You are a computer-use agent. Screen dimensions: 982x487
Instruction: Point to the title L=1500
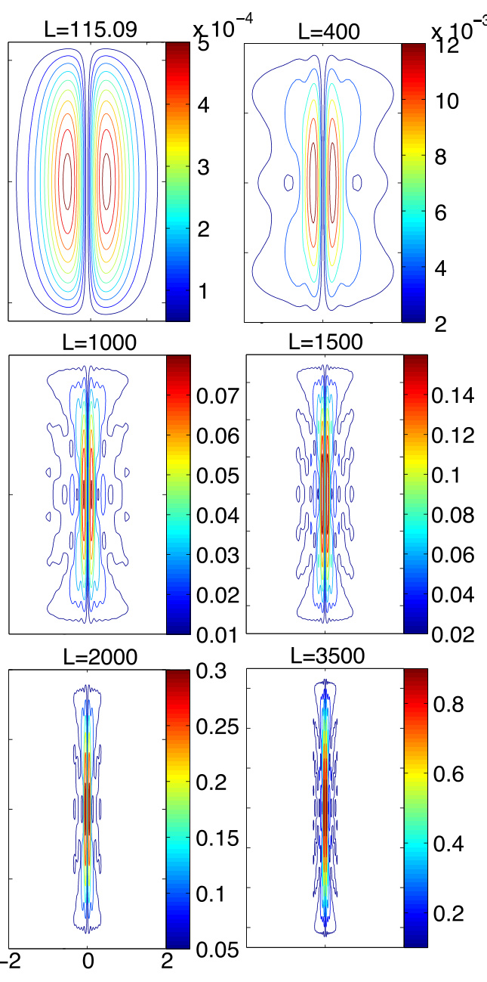click(x=325, y=342)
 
